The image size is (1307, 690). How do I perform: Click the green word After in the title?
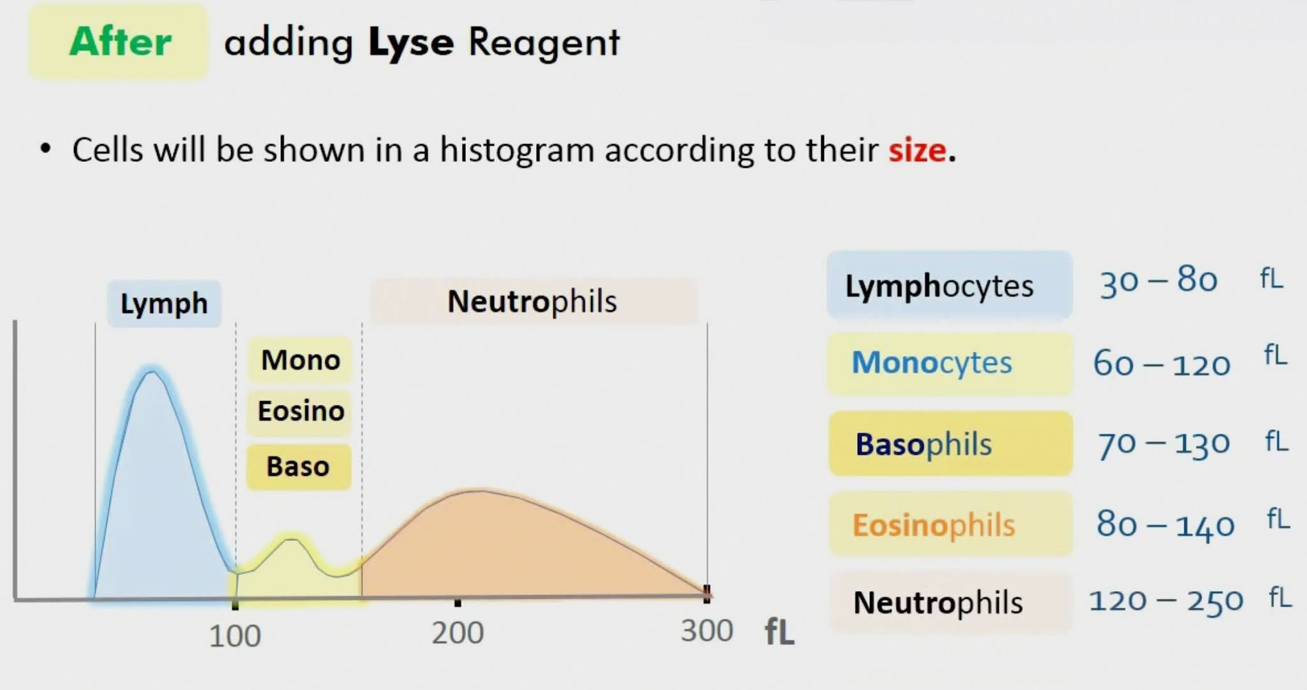tap(120, 42)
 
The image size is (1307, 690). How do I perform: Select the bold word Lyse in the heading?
tap(411, 43)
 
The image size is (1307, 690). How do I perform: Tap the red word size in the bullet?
tap(918, 150)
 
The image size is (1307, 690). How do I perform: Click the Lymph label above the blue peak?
tap(164, 304)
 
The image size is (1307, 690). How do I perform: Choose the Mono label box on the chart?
tap(300, 360)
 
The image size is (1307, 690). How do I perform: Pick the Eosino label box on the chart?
tap(301, 411)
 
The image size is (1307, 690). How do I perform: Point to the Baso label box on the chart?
tap(298, 467)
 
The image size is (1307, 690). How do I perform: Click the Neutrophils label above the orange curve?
tap(532, 302)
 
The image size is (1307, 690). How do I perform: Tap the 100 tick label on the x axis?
tap(235, 636)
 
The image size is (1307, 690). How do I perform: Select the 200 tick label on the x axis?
tap(457, 633)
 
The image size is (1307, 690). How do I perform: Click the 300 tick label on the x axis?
tap(706, 631)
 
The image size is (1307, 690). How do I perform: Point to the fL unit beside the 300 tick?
tap(779, 631)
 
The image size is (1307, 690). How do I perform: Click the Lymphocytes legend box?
tap(949, 285)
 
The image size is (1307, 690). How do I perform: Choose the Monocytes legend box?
tap(949, 363)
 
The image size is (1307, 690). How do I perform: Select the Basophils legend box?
tap(950, 444)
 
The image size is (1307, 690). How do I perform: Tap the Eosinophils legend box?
tap(950, 525)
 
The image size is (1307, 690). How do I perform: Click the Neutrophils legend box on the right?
tap(950, 603)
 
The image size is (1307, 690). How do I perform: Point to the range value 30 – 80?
tap(1158, 281)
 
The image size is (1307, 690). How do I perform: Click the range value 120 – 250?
tap(1165, 601)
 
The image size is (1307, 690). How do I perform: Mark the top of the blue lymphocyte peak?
tap(152, 371)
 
